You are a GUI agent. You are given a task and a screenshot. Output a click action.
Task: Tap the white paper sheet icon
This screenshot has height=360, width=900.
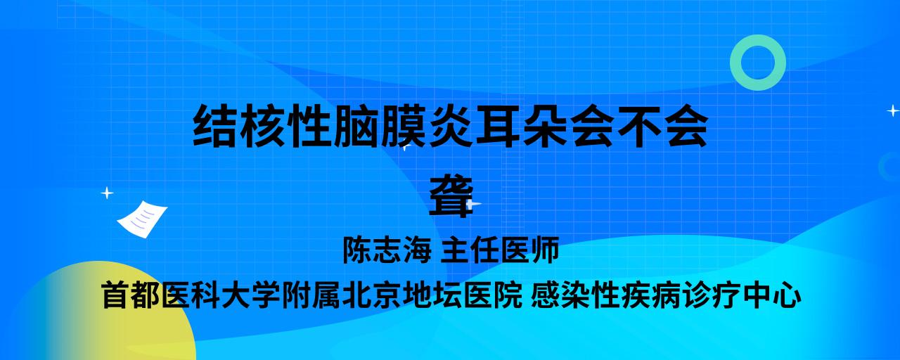tap(142, 219)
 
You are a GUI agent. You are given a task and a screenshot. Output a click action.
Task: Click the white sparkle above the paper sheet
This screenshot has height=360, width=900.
tap(107, 193)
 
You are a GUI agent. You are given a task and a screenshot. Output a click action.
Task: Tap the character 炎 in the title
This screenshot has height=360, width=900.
tap(451, 126)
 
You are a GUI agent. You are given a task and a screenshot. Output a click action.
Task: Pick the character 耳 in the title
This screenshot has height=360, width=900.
tap(499, 126)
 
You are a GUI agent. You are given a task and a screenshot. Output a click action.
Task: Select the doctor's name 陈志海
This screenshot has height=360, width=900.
tap(387, 250)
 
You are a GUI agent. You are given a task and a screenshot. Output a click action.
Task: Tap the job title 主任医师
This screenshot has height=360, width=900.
tap(500, 250)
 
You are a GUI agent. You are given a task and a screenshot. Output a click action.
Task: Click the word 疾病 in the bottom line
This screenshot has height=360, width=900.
tap(651, 295)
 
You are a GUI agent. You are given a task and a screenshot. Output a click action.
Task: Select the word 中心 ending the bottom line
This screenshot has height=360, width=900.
tap(772, 295)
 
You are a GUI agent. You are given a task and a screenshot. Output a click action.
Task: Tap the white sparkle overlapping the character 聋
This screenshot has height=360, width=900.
tap(472, 204)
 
